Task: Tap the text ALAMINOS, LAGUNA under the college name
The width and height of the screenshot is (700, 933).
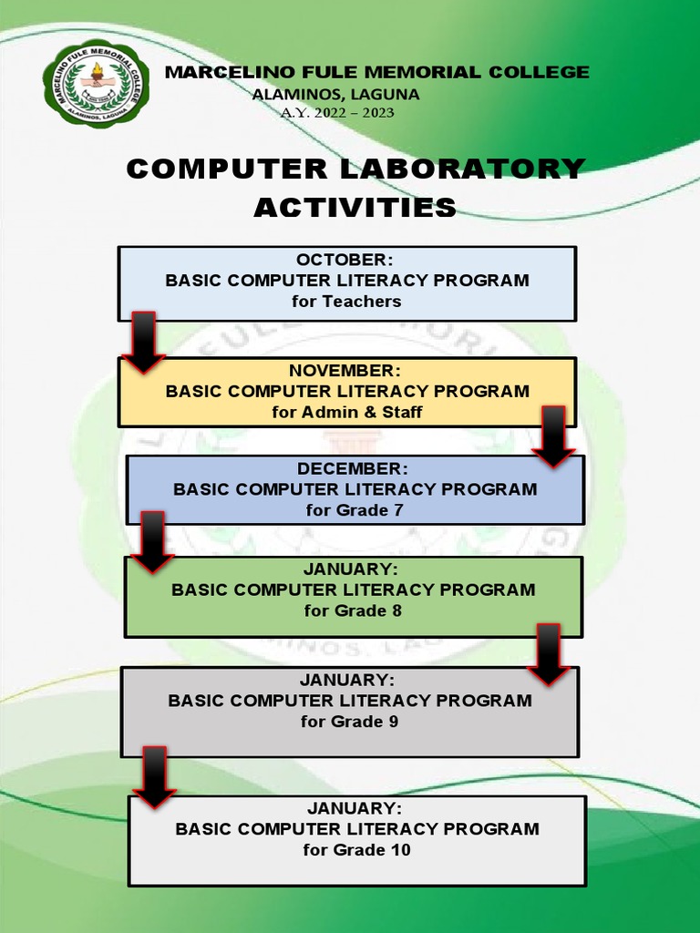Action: coord(335,94)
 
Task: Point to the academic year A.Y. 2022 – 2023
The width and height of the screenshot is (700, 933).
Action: coord(340,112)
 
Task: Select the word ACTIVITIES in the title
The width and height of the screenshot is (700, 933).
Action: coord(355,208)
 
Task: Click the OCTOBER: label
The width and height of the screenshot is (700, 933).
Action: coord(346,261)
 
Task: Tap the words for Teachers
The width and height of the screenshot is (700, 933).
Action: coord(346,302)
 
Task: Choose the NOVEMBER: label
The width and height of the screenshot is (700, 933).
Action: coord(345,370)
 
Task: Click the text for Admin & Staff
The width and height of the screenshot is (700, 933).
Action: coord(346,412)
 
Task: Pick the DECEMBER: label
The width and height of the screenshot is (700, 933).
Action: coord(354,468)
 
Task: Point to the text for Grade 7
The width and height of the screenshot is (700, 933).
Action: coord(355,510)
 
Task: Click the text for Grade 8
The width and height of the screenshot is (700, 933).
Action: coord(353,610)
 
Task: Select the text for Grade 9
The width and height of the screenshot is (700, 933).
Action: coord(349,722)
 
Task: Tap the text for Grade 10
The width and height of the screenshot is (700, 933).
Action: coord(356,850)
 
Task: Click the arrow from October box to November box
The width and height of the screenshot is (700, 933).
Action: coord(143,343)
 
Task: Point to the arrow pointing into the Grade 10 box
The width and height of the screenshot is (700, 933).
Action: coord(155,777)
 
